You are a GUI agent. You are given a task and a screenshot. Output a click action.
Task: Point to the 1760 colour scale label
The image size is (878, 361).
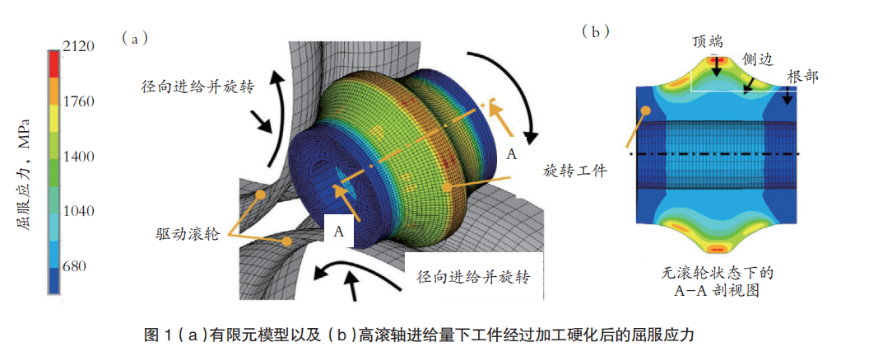point(77,102)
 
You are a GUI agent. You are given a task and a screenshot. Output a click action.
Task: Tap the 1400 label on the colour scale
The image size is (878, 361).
point(77,157)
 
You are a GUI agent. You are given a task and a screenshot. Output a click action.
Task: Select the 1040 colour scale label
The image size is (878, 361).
point(77,212)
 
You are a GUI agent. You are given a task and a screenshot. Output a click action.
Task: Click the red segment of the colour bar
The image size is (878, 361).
point(54,62)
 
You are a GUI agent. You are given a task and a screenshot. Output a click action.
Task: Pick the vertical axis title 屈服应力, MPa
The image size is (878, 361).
point(23,174)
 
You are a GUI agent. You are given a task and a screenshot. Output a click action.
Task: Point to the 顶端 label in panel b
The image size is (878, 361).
point(708,41)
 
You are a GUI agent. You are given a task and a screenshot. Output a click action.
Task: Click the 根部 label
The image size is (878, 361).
point(802,76)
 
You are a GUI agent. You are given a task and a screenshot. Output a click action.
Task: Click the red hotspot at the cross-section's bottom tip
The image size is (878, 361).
point(718,247)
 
